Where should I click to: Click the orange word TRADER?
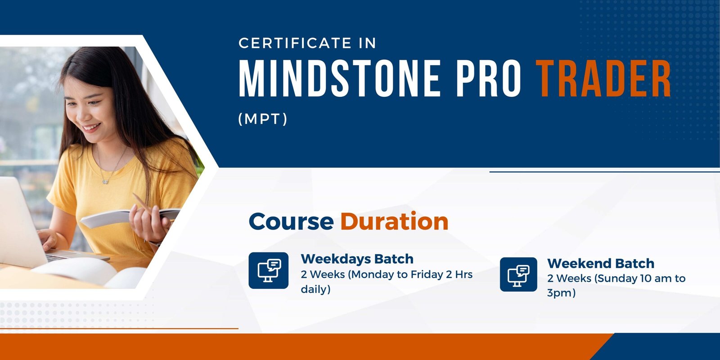tap(603, 78)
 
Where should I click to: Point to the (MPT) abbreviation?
tap(263, 119)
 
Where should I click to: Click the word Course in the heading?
tap(291, 221)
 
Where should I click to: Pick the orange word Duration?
tap(394, 221)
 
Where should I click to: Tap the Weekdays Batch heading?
tap(357, 259)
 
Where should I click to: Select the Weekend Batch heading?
tap(601, 263)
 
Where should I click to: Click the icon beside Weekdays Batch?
tap(268, 270)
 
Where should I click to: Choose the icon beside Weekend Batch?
tap(518, 274)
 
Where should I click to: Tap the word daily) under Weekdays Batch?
tap(315, 289)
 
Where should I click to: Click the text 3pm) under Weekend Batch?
tap(561, 293)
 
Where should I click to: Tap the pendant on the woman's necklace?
tap(105, 182)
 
